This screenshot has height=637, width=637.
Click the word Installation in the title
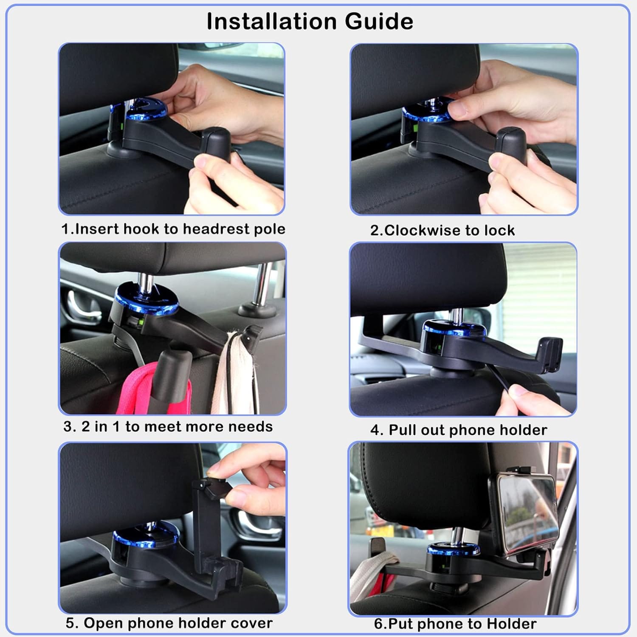tap(272, 21)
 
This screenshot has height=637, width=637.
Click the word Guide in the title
tap(379, 21)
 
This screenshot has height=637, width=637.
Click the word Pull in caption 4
tap(401, 430)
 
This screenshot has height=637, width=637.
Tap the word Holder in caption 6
tap(512, 624)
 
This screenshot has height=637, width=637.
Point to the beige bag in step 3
tap(236, 374)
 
